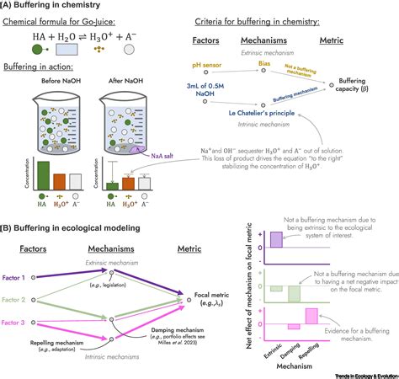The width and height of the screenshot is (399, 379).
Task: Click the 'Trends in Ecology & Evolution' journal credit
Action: (354, 374)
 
